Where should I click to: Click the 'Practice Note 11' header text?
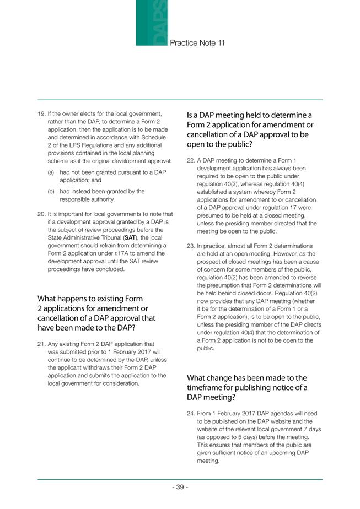197,42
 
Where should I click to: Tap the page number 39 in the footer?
180,487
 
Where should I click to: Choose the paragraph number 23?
191,246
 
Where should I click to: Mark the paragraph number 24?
191,413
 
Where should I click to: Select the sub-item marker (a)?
52,172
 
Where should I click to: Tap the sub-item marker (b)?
52,192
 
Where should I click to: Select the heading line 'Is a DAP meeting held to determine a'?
249,115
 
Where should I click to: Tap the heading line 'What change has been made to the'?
246,378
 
